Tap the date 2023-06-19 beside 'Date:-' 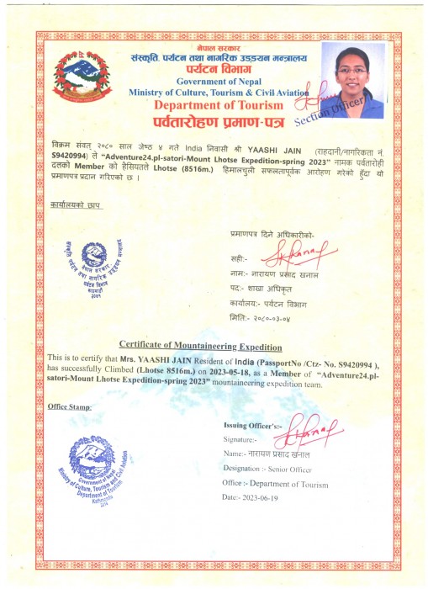pos(270,498)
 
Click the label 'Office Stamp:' pos(71,406)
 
